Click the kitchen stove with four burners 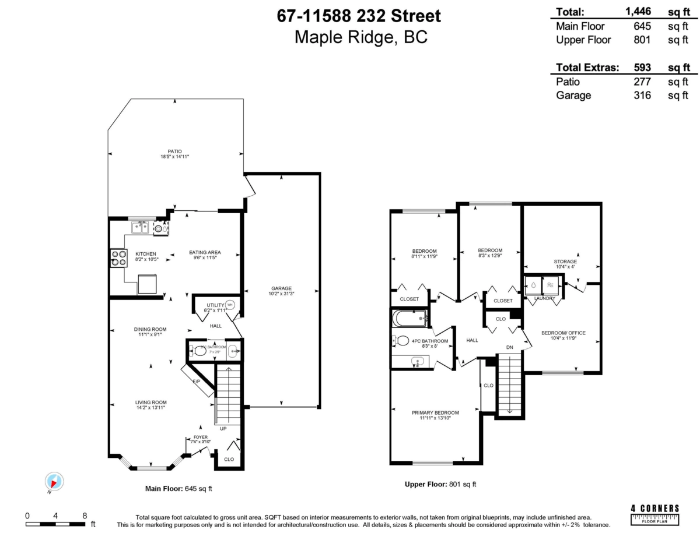click(118, 257)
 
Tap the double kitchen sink click(139, 227)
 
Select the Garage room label click(281, 288)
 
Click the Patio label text click(175, 151)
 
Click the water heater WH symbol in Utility click(229, 305)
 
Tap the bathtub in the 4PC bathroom click(411, 318)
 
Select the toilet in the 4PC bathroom click(401, 340)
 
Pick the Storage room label click(565, 262)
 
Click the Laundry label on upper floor click(544, 298)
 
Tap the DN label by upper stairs click(509, 347)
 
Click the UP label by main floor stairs click(223, 428)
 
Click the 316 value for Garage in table click(642, 96)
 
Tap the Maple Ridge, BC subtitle click(360, 37)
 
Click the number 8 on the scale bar click(85, 516)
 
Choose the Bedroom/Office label click(563, 333)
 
